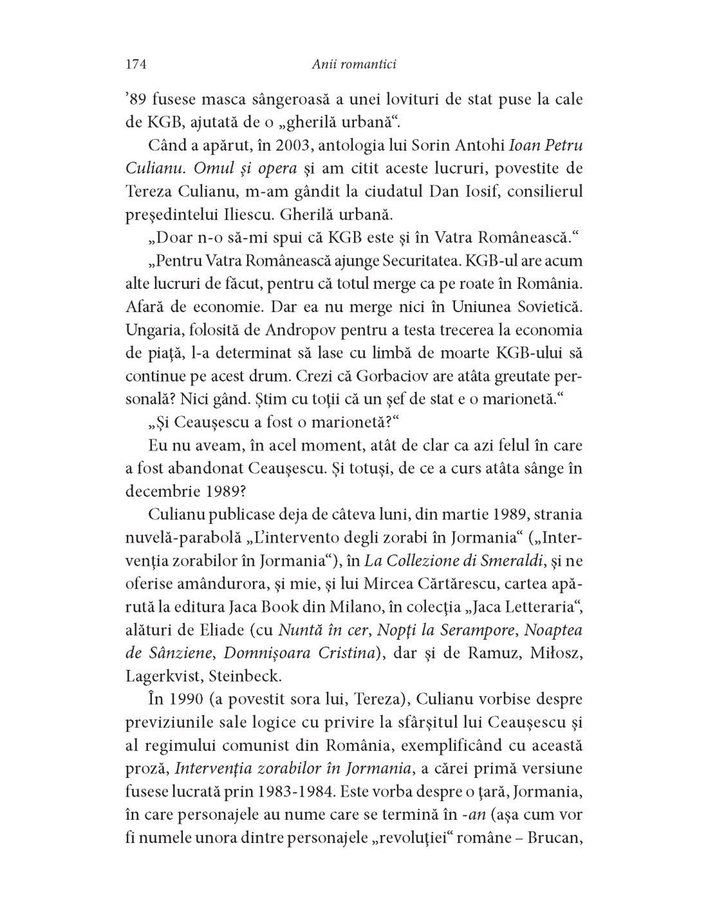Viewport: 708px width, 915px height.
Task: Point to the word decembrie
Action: (163, 490)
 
